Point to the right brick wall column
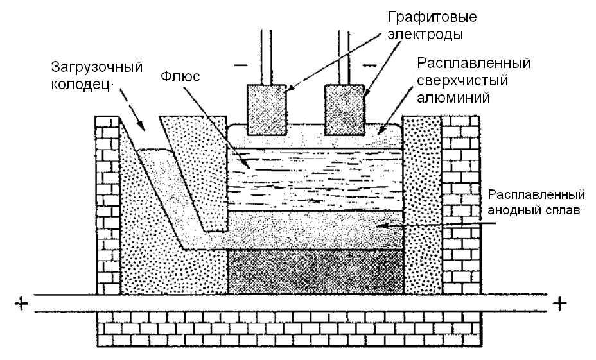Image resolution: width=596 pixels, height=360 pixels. click(459, 205)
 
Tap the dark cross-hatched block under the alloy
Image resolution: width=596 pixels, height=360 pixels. click(315, 273)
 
